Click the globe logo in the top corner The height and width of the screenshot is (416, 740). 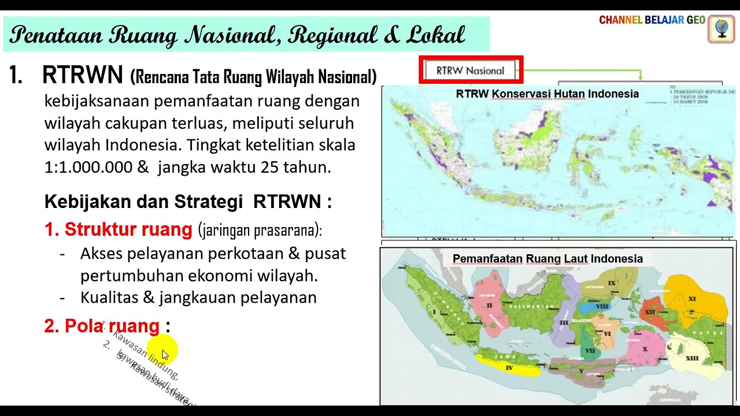(x=721, y=29)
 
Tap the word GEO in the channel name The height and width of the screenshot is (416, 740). (x=695, y=20)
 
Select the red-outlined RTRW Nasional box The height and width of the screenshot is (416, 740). (x=471, y=70)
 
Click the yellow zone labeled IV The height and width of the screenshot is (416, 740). (x=509, y=367)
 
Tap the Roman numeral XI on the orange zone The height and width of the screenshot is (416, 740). (x=692, y=299)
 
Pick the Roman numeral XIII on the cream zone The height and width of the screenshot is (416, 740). (x=691, y=358)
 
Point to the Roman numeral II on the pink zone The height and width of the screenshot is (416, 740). (x=489, y=305)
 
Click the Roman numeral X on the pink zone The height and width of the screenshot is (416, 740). (x=645, y=349)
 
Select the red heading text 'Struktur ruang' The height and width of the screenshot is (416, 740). (x=128, y=229)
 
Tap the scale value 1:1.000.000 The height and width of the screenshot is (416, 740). (x=88, y=167)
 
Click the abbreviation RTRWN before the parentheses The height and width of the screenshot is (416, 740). (x=83, y=75)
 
